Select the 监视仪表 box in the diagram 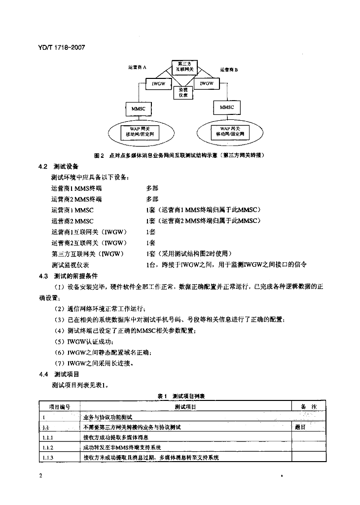coord(183,92)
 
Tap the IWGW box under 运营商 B coord(207,84)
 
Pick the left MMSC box coord(138,108)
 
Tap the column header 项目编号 coord(59,406)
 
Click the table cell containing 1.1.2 coord(48,447)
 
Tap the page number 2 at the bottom coord(40,476)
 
